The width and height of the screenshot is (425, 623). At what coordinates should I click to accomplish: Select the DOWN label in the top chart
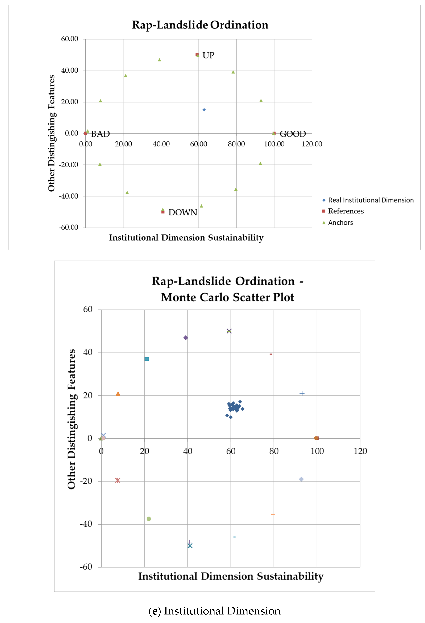click(183, 213)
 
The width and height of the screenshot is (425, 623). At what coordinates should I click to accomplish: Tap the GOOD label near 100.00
click(293, 134)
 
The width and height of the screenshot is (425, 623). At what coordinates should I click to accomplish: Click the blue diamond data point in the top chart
click(204, 110)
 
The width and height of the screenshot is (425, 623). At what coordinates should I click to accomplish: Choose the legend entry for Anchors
click(340, 222)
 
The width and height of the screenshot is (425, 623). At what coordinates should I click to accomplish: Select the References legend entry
click(346, 211)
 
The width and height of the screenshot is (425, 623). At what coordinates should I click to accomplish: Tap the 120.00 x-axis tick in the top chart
click(312, 144)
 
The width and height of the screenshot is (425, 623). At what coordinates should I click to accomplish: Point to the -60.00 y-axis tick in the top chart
click(69, 227)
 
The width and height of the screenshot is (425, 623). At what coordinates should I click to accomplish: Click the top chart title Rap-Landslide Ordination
click(200, 25)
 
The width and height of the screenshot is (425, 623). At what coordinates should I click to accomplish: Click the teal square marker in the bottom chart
click(147, 359)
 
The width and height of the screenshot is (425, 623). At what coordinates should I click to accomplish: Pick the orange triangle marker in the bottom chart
click(118, 394)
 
